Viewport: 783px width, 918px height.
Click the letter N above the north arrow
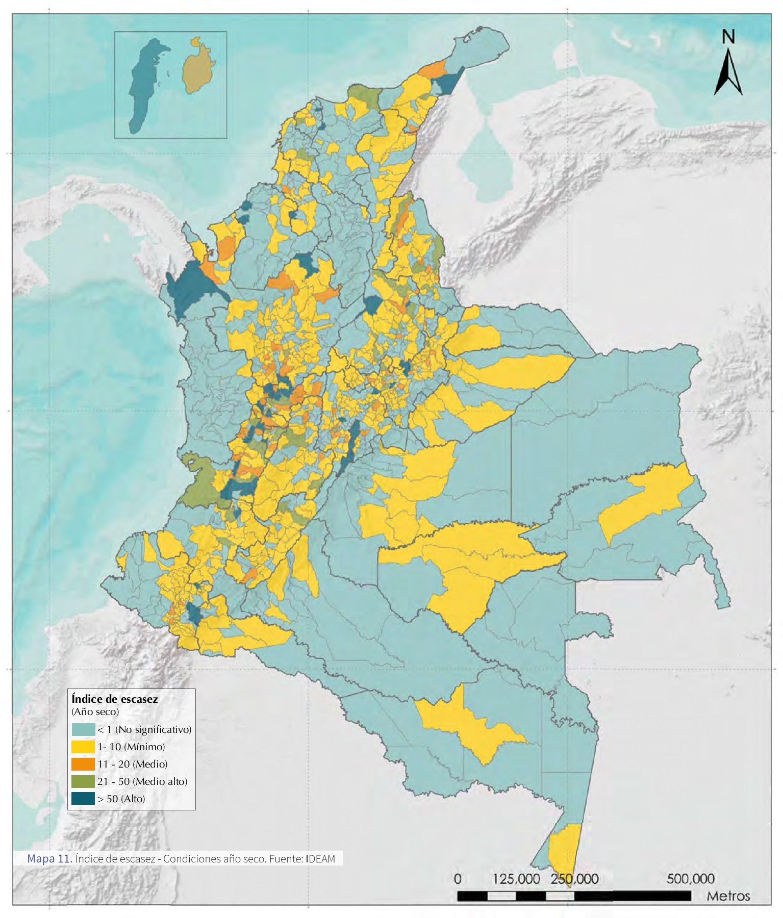(728, 37)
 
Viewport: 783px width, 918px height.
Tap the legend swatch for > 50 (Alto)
(83, 799)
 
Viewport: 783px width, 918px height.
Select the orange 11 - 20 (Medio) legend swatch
(83, 764)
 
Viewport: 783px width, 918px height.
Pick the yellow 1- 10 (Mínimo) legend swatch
(83, 747)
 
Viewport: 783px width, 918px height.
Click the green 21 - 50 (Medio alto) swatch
(83, 781)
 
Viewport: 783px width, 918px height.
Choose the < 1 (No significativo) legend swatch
(83, 729)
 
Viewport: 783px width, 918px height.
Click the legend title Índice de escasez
(115, 699)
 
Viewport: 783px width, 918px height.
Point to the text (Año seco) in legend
(95, 711)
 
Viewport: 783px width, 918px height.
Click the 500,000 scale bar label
(690, 879)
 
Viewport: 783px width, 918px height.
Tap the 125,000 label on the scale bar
(516, 879)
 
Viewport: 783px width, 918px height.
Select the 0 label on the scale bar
(458, 879)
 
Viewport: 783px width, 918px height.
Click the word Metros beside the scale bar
(728, 896)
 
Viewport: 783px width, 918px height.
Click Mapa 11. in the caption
(49, 858)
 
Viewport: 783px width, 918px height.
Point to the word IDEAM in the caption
(321, 859)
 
